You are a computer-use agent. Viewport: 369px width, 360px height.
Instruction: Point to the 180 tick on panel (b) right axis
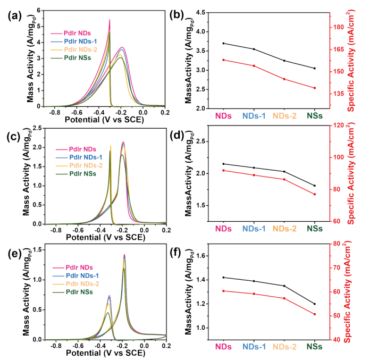tap(338, 27)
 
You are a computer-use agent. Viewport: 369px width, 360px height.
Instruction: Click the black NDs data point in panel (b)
tap(223, 43)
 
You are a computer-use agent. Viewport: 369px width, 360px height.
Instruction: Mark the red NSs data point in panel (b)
tap(315, 88)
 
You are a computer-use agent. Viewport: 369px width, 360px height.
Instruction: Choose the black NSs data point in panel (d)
tap(315, 186)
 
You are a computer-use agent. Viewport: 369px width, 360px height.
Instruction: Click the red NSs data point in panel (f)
tap(315, 314)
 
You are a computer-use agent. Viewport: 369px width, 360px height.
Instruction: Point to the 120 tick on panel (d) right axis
tap(338, 125)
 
